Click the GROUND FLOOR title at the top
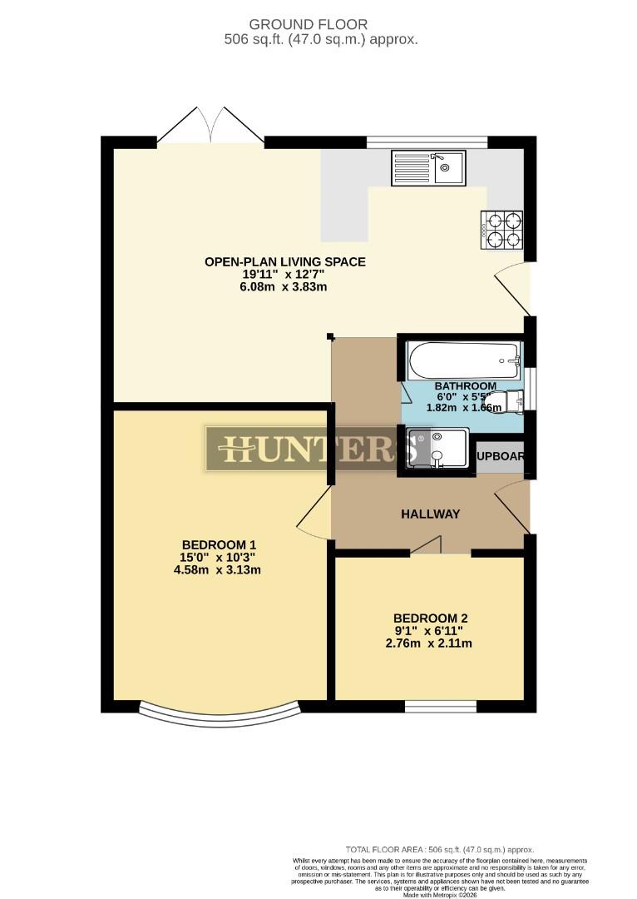319,25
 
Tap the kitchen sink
428,167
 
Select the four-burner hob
501,229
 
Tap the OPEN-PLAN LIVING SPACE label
284,261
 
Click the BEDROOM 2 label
431,618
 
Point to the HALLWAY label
430,514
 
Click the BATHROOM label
465,386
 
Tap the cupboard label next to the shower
501,456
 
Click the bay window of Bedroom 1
219,714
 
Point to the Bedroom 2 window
441,707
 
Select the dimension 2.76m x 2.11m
431,643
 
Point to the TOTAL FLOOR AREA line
439,850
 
